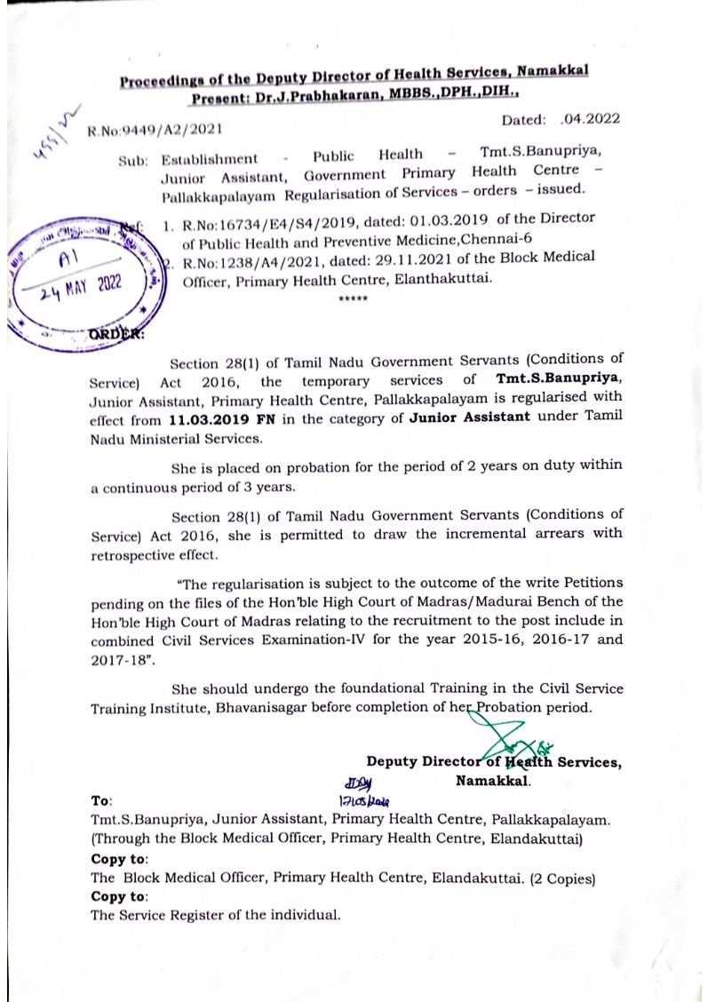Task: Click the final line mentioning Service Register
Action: click(x=215, y=915)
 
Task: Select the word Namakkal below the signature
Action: click(x=493, y=781)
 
